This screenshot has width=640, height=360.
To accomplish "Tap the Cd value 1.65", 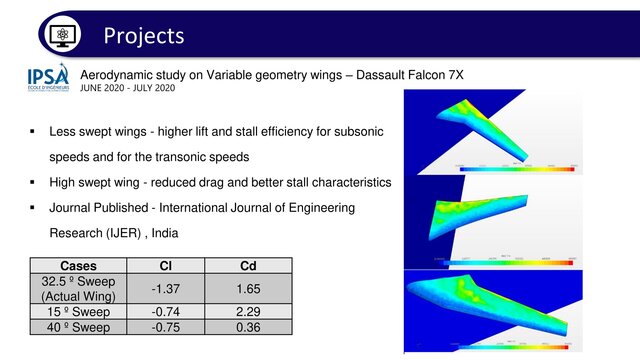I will [248, 289].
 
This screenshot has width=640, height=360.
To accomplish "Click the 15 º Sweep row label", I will [79, 311].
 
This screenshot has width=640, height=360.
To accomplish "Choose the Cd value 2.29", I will [248, 311].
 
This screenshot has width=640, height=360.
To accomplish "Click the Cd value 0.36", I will [248, 325].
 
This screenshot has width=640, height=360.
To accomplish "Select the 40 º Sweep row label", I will [79, 325].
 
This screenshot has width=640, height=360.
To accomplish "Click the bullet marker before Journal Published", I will [34, 209].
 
